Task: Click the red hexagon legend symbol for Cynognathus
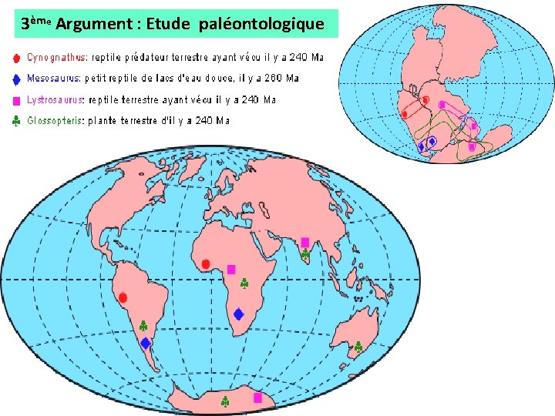pos(16,57)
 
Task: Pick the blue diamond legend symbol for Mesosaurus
pos(16,78)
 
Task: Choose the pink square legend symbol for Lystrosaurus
pos(16,100)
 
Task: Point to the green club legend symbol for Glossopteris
pos(16,121)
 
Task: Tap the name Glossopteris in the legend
pos(55,121)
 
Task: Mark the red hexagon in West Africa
pos(206,264)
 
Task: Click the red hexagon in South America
pos(123,297)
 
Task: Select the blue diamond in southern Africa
pos(239,314)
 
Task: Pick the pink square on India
pos(305,242)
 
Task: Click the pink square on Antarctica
pos(258,398)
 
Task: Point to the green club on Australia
pos(358,347)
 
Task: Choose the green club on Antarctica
pos(225,401)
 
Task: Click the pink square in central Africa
pos(231,270)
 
